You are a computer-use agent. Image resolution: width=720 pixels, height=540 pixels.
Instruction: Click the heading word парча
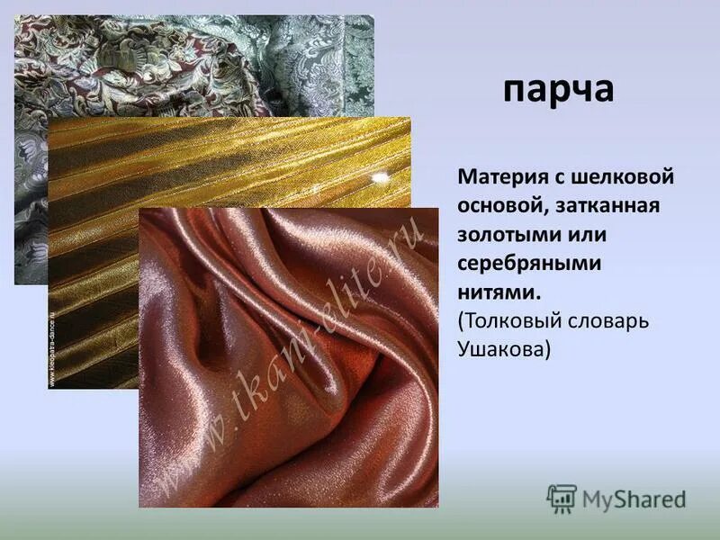pos(558,91)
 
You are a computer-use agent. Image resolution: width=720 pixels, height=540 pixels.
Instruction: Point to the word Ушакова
pos(503,349)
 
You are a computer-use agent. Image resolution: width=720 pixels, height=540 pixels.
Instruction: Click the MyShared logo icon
pos(562,499)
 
